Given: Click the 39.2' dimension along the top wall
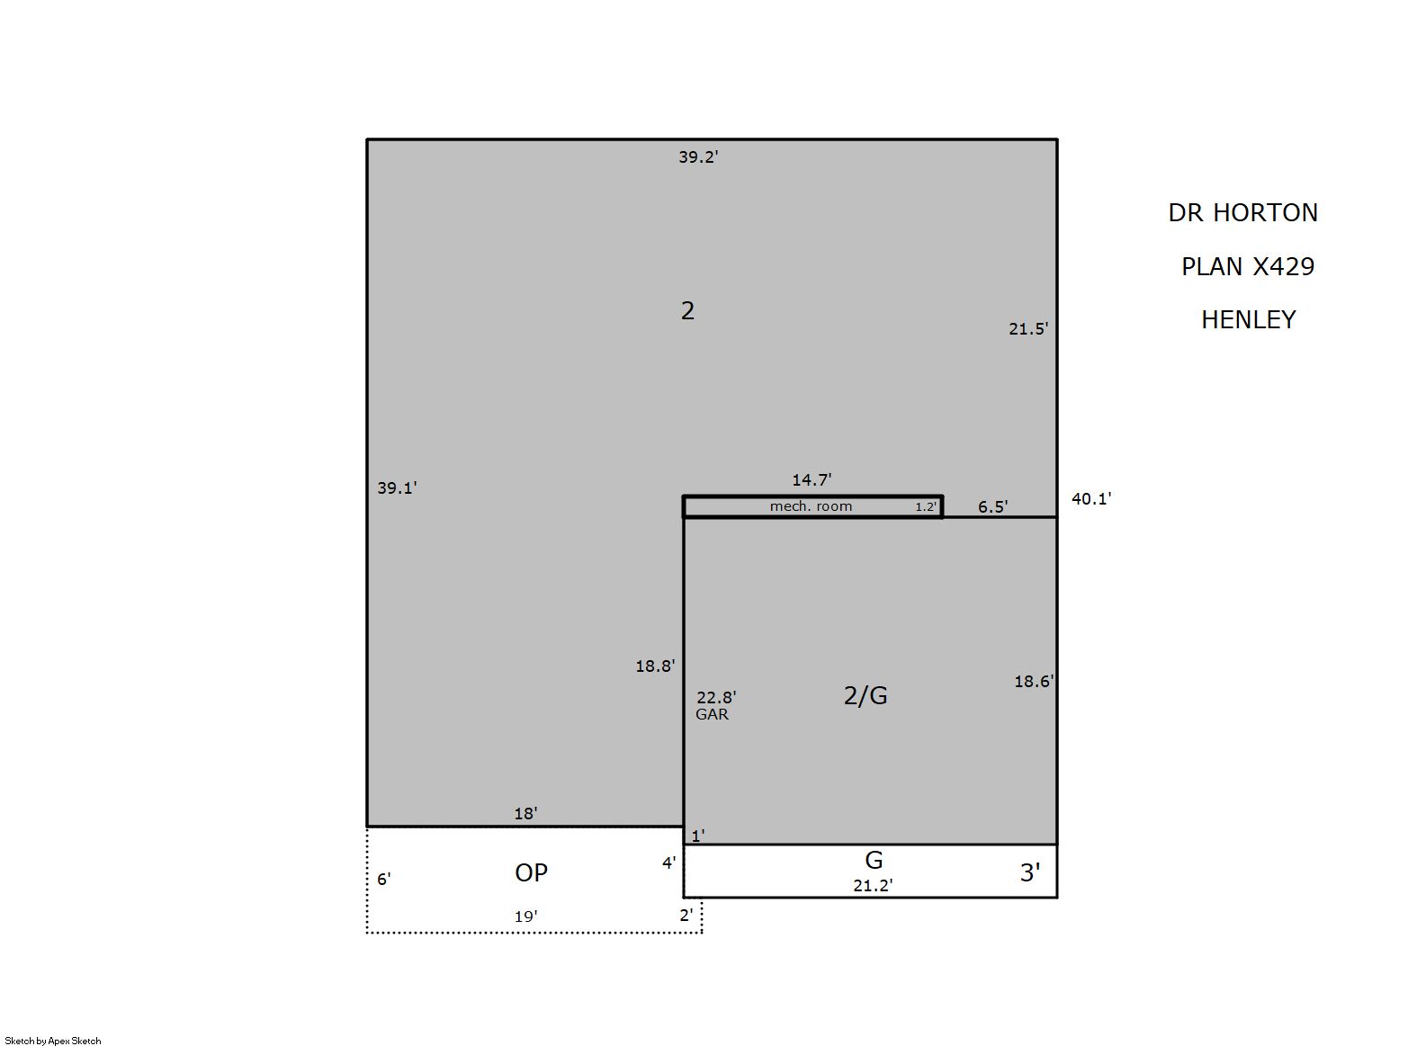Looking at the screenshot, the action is click(x=698, y=157).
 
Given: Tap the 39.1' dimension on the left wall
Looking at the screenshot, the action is click(x=398, y=488).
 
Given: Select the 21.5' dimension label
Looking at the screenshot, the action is click(x=1028, y=329).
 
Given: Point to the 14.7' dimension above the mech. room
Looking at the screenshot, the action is click(x=812, y=479).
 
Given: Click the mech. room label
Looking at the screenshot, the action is click(x=811, y=506).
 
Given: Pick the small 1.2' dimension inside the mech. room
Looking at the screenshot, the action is click(x=927, y=507).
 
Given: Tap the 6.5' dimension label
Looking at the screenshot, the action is click(x=993, y=507).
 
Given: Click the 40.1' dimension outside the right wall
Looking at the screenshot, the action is click(x=1092, y=499).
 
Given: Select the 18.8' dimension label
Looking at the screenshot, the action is click(x=656, y=666).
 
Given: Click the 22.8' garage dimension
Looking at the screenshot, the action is click(x=717, y=698).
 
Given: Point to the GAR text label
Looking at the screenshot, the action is click(x=713, y=714).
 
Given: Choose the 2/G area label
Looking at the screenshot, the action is click(x=865, y=695).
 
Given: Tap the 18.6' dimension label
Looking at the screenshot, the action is click(x=1035, y=682).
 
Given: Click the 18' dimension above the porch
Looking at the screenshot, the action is click(x=525, y=814).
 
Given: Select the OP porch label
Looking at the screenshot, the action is click(x=532, y=873).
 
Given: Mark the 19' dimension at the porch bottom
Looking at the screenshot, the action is click(x=525, y=916).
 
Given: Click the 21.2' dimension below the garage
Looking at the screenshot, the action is click(x=874, y=886).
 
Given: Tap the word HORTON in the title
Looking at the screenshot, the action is click(x=1265, y=213).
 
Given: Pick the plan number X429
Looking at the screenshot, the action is click(x=1283, y=266).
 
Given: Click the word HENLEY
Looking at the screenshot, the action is click(x=1249, y=320).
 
